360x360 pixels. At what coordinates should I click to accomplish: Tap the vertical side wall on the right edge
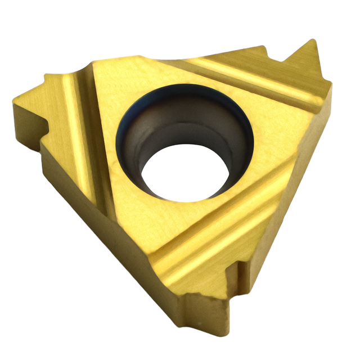(x=315, y=169)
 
